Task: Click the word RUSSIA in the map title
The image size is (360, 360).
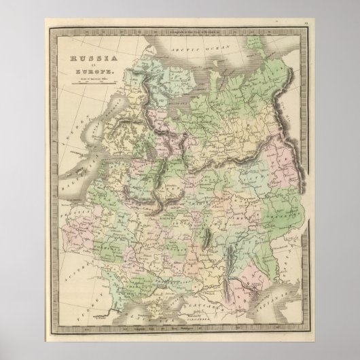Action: [91, 59]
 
